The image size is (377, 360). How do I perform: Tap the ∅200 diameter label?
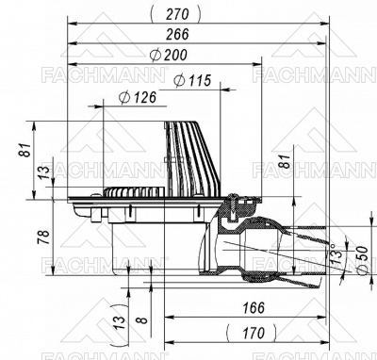click(x=169, y=55)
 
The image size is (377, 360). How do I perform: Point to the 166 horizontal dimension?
click(x=249, y=307)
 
